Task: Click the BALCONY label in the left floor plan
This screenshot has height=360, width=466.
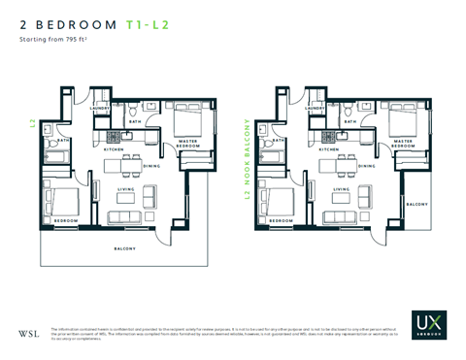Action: [x=124, y=249]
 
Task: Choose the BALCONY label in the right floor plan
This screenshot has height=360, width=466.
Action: [x=417, y=205]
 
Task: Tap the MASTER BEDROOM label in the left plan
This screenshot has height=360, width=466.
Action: [x=189, y=144]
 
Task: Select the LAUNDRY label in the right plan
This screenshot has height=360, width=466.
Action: [x=315, y=109]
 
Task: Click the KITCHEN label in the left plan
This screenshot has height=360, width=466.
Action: [x=114, y=150]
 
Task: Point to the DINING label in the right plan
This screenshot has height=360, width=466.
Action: [x=366, y=166]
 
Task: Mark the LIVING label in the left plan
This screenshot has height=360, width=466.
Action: [x=125, y=189]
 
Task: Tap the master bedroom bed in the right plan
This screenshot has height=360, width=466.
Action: [x=403, y=120]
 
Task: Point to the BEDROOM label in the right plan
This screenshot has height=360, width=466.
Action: [x=280, y=221]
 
